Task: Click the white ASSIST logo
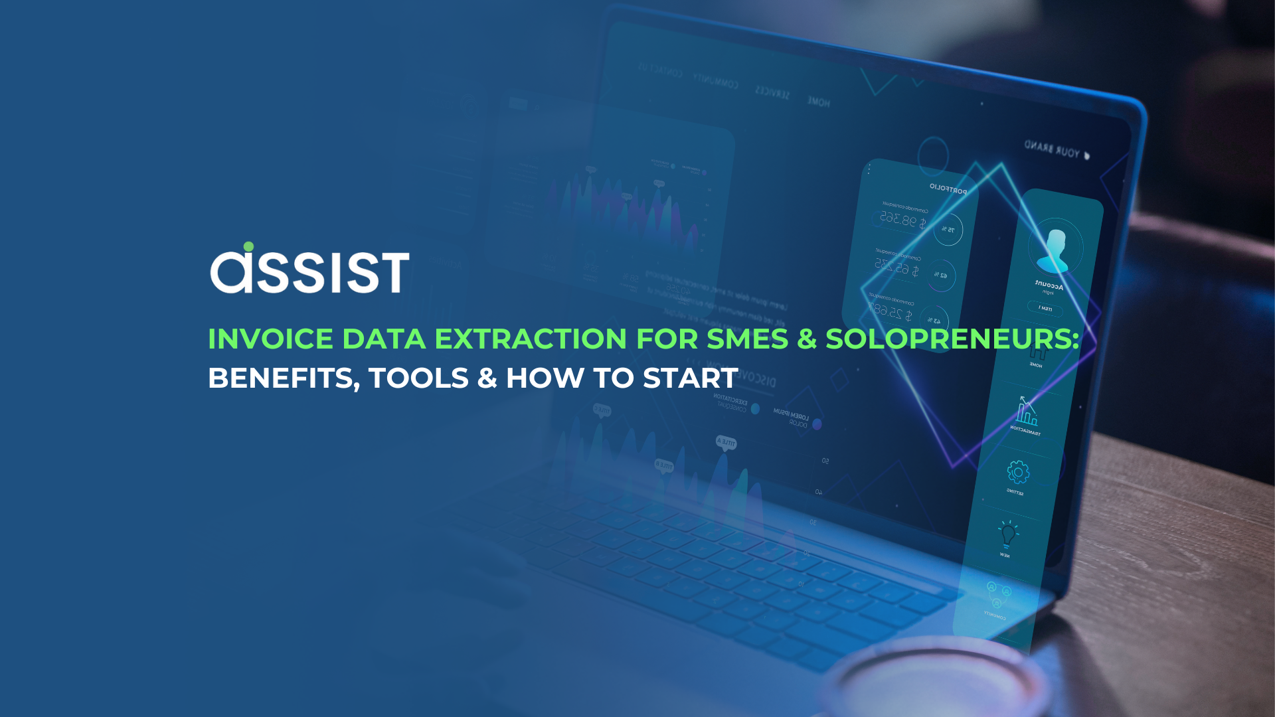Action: [x=309, y=270]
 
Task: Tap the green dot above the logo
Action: [x=248, y=247]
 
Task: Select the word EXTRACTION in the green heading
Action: [x=530, y=339]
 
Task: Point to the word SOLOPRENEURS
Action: [x=952, y=339]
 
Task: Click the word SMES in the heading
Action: [x=747, y=339]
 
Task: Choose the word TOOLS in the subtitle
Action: [x=418, y=378]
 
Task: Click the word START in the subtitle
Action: [x=690, y=378]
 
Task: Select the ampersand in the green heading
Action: [x=807, y=339]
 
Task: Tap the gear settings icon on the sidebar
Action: [x=1017, y=472]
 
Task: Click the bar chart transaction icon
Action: [x=1026, y=412]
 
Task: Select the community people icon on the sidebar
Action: [x=998, y=593]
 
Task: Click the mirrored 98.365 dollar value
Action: [x=902, y=220]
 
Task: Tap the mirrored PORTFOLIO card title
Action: [x=948, y=189]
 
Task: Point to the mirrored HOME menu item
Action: [x=819, y=102]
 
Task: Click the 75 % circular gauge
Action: [x=948, y=230]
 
